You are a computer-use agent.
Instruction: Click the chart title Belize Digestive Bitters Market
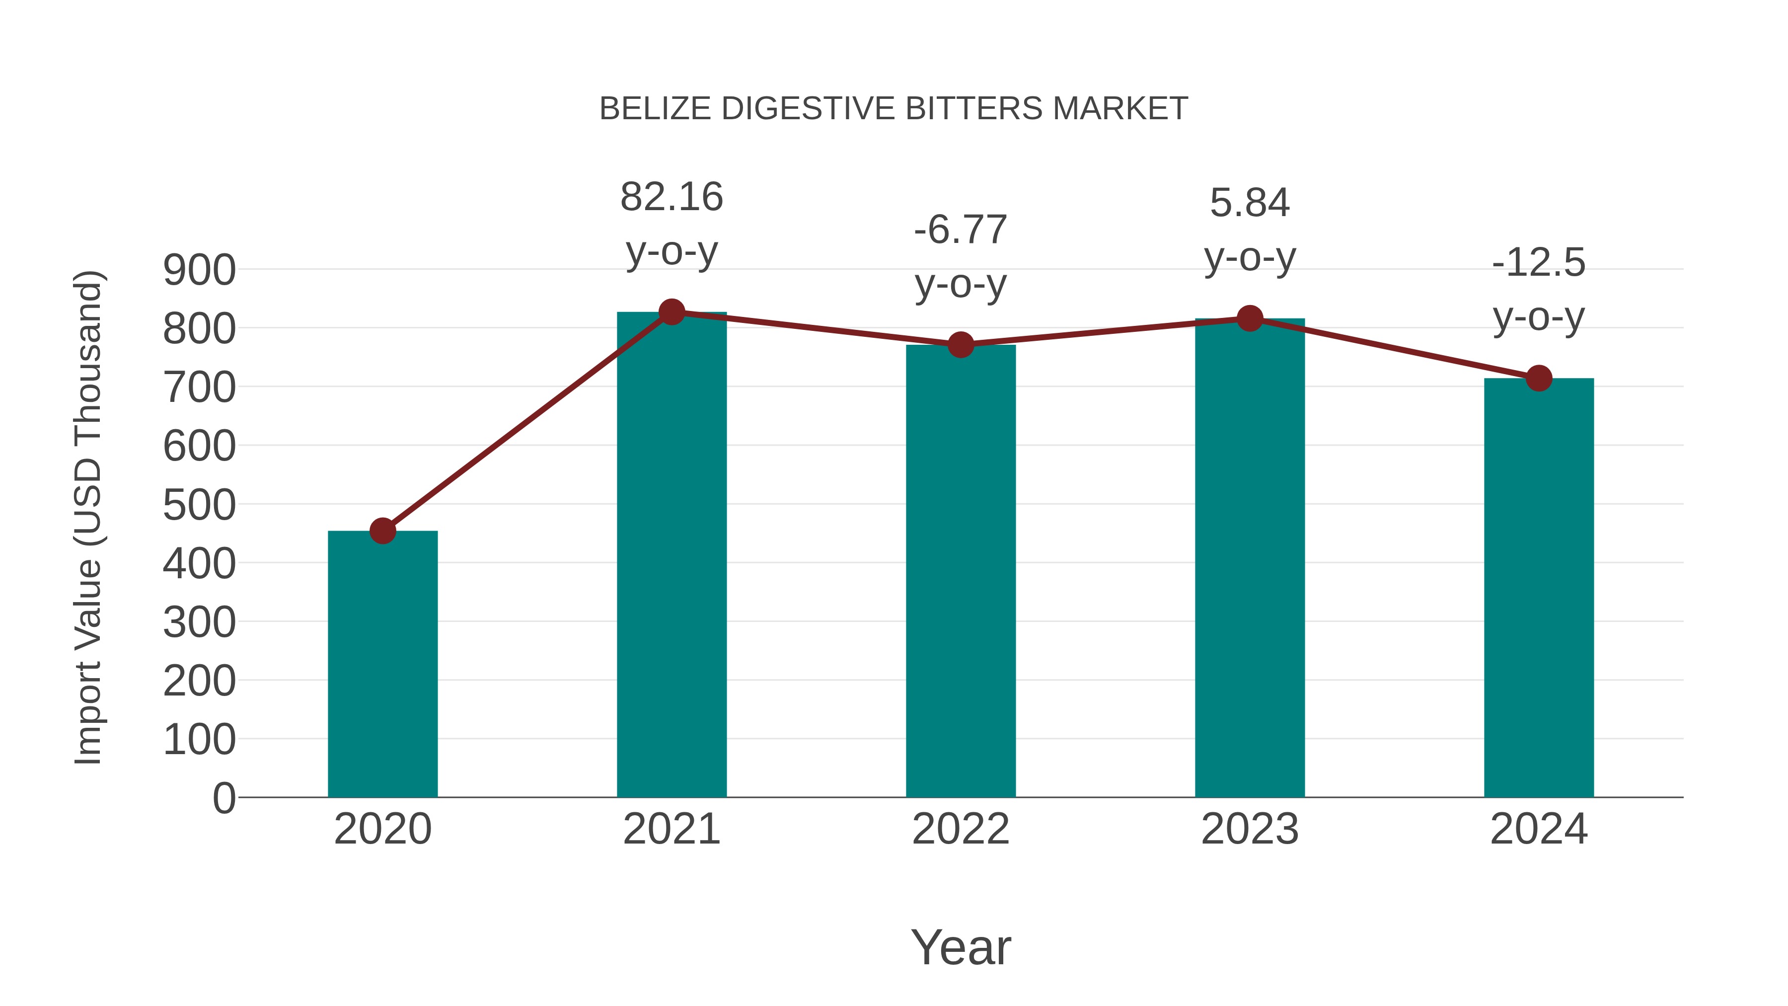pyautogui.click(x=894, y=109)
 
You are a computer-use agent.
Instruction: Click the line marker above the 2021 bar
pyautogui.click(x=671, y=312)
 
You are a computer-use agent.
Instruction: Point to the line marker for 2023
pyautogui.click(x=1250, y=318)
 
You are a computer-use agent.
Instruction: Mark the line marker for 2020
pyautogui.click(x=382, y=531)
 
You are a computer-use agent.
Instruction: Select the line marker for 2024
pyautogui.click(x=1539, y=379)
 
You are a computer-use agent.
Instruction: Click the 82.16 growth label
pyautogui.click(x=671, y=197)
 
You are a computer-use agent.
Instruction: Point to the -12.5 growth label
pyautogui.click(x=1539, y=263)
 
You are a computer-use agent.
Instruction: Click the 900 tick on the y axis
pyautogui.click(x=199, y=270)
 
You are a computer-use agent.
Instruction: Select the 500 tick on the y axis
pyautogui.click(x=199, y=505)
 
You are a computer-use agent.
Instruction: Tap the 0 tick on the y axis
pyautogui.click(x=223, y=798)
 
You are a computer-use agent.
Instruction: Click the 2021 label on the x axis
pyautogui.click(x=671, y=829)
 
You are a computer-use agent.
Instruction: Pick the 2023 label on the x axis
pyautogui.click(x=1250, y=829)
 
